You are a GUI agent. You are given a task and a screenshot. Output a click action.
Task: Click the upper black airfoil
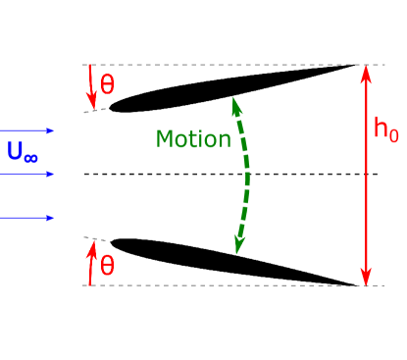coord(226,86)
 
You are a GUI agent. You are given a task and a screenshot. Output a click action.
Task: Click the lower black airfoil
coord(226,263)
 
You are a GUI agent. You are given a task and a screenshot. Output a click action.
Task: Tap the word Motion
coord(193,138)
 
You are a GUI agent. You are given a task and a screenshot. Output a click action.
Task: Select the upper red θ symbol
coord(107,84)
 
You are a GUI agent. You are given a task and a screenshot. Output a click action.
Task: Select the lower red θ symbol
coord(107,265)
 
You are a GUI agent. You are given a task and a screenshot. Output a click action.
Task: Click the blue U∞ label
coord(23,151)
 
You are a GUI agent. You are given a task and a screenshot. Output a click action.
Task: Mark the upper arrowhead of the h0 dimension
coord(366,71)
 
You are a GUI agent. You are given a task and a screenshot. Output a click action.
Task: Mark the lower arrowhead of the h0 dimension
coord(366,279)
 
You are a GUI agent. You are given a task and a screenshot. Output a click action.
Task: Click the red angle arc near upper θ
coord(91,86)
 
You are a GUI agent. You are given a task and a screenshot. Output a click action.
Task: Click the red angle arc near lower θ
coord(91,263)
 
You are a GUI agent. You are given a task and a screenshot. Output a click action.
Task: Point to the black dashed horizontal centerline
coord(196,175)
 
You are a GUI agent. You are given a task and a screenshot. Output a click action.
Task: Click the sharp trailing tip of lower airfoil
coord(354,284)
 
